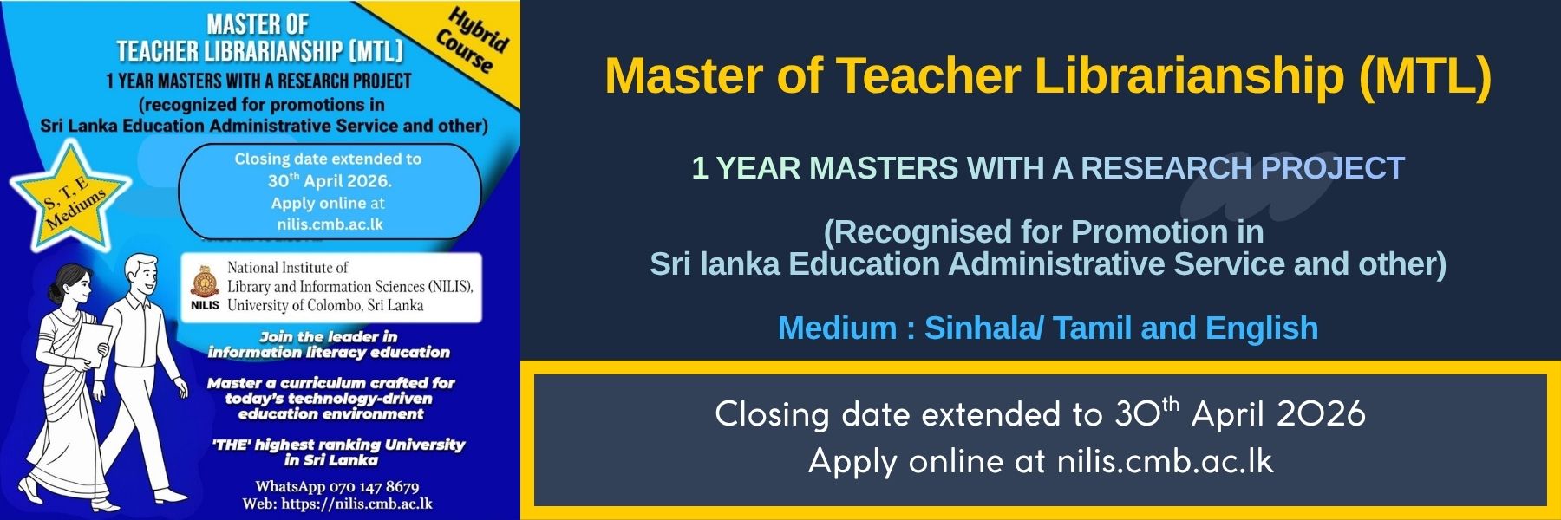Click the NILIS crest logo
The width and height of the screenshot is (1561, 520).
[205, 280]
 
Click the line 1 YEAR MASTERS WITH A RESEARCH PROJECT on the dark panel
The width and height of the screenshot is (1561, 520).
[1048, 168]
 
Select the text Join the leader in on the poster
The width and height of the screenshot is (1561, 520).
[328, 336]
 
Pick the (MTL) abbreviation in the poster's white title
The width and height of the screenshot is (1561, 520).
[376, 51]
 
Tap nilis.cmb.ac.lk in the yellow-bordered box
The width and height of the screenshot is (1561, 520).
[1165, 461]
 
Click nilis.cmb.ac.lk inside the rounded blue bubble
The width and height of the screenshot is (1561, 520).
[330, 224]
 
